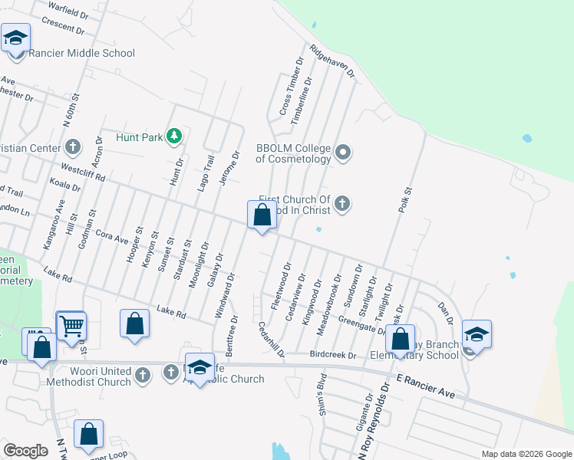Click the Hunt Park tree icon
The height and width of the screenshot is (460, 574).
pyautogui.click(x=175, y=136)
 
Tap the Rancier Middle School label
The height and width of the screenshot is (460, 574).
pyautogui.click(x=81, y=54)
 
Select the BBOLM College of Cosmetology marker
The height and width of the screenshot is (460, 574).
pyautogui.click(x=343, y=153)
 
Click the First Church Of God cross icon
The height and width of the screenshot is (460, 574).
pyautogui.click(x=343, y=204)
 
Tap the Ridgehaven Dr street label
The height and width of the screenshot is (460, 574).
pyautogui.click(x=332, y=61)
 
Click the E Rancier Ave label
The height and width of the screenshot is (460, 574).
pyautogui.click(x=425, y=386)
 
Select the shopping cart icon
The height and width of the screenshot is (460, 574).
pyautogui.click(x=71, y=325)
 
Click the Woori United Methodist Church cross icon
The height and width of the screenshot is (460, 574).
pyautogui.click(x=142, y=375)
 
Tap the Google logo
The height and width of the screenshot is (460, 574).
pyautogui.click(x=25, y=451)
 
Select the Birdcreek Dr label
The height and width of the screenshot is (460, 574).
pyautogui.click(x=334, y=355)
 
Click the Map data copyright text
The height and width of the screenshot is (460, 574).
pyautogui.click(x=526, y=454)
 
